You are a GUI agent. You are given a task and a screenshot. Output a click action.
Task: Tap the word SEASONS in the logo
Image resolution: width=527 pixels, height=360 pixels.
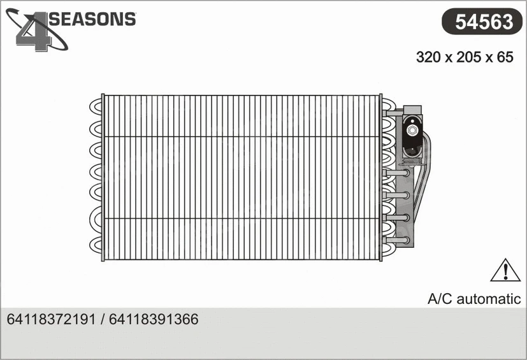click(93, 19)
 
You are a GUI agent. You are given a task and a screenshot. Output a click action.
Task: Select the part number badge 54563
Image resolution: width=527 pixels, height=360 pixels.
click(483, 22)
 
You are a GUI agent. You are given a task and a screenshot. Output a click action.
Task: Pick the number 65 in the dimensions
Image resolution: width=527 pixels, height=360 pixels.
click(505, 57)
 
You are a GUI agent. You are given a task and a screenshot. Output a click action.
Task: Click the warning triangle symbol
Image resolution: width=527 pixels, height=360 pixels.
click(505, 271)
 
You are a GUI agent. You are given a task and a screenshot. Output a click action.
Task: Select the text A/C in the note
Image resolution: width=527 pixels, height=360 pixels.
click(438, 299)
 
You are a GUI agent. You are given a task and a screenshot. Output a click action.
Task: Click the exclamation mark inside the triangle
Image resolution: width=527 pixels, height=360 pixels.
click(505, 272)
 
